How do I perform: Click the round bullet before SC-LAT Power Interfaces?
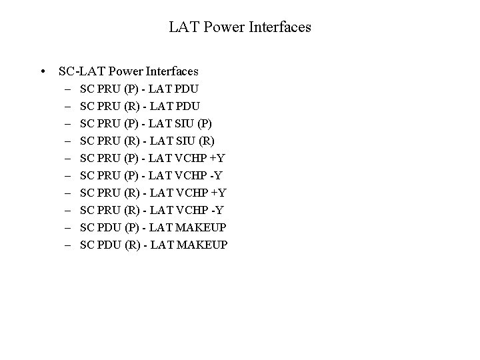coord(43,71)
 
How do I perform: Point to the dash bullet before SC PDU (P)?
coord(69,228)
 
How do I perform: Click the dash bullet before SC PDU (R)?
coord(69,245)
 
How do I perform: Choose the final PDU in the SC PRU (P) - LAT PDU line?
coord(187,89)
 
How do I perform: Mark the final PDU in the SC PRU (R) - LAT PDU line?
coord(187,106)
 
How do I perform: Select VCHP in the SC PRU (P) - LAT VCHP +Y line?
coord(191,158)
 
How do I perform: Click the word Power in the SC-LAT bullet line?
coord(121,71)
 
